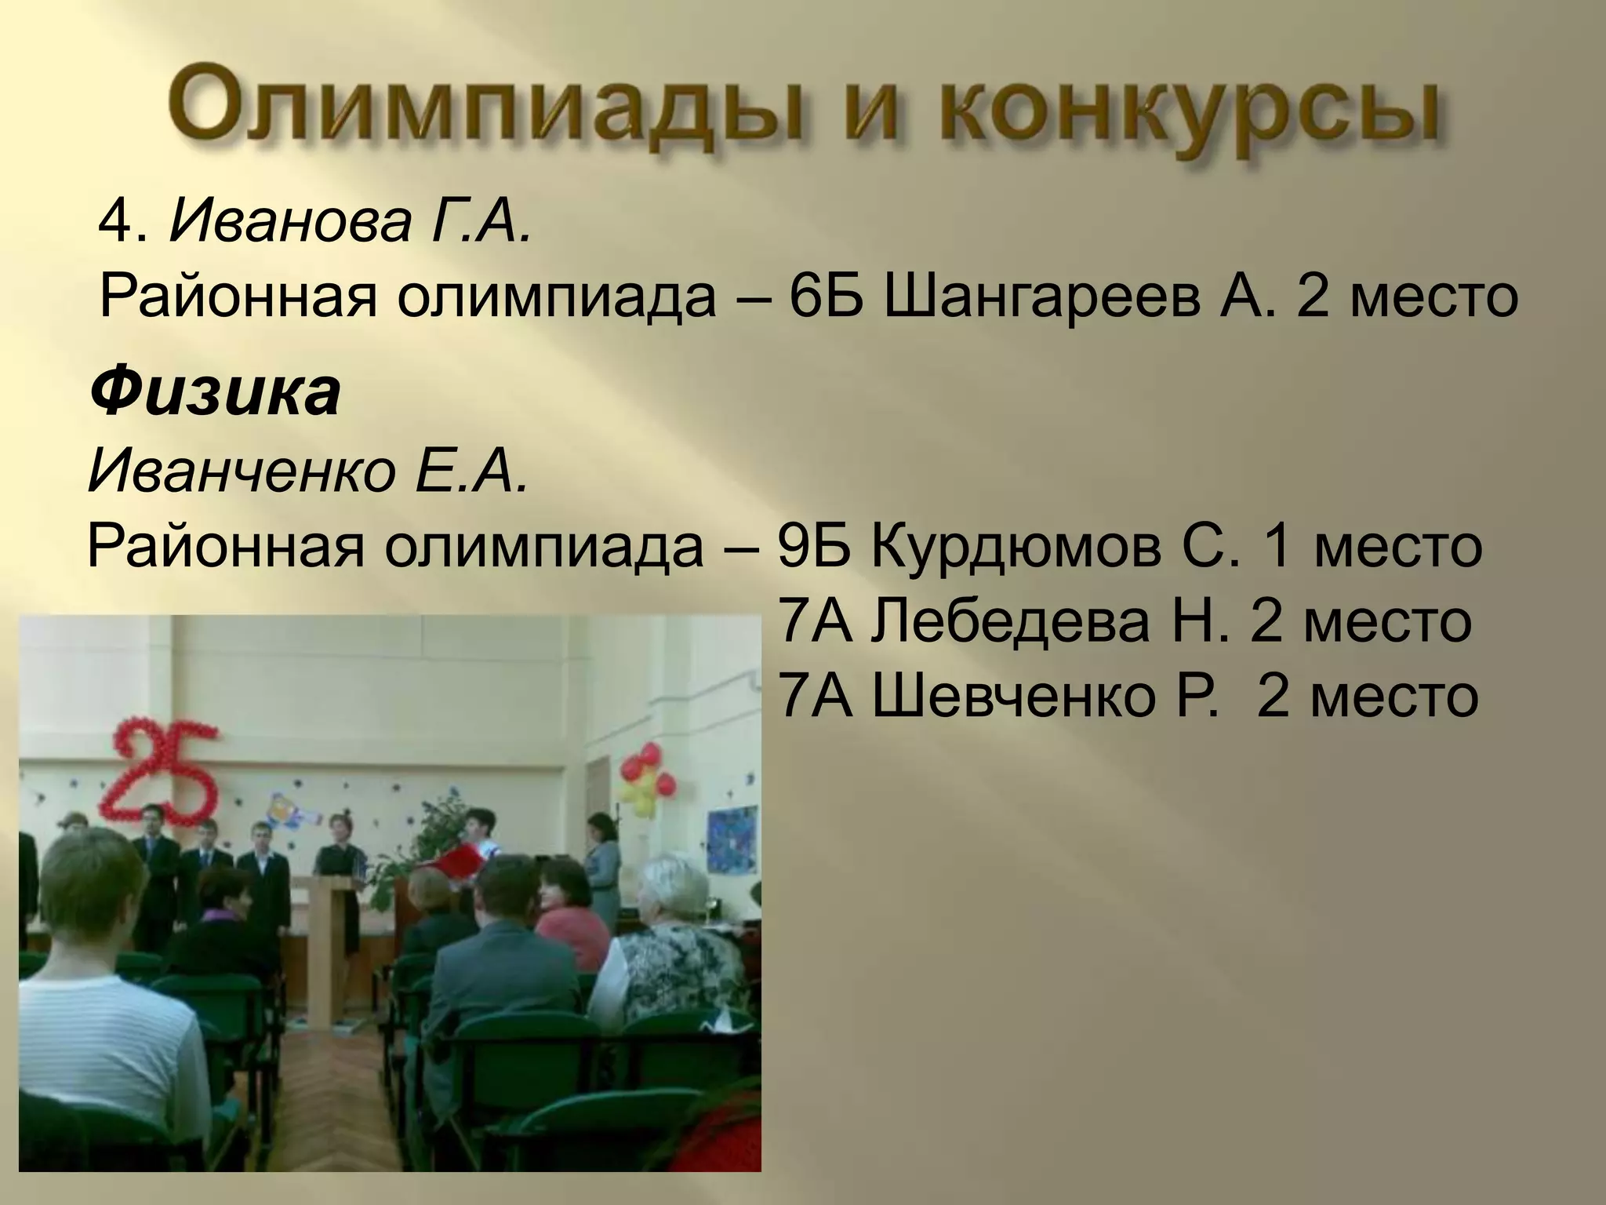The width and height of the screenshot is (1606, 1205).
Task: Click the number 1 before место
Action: coord(1279,547)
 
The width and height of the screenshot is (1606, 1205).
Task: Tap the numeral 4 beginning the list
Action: coord(114,226)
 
